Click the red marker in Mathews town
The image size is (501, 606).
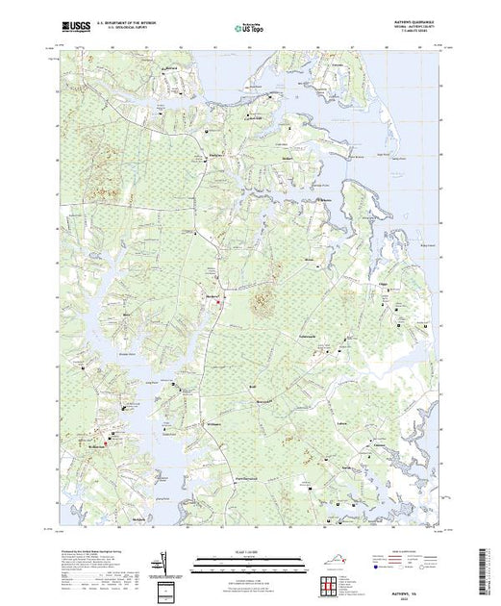219,304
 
